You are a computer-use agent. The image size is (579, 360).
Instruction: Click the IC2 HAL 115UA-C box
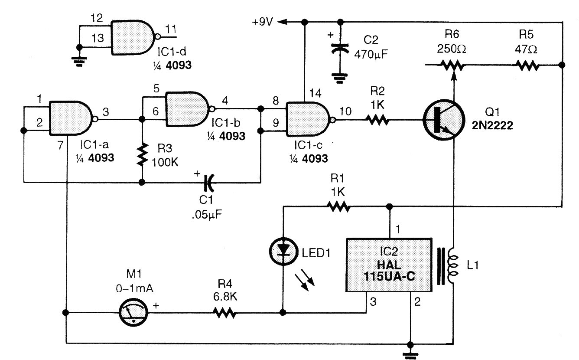click(390, 264)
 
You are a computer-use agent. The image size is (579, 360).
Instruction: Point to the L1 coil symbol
click(452, 265)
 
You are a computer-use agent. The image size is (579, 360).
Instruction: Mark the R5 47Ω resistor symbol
click(527, 65)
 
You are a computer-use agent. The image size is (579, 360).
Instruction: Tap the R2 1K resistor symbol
click(377, 120)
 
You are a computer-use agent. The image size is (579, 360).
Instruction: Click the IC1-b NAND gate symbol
click(187, 110)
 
